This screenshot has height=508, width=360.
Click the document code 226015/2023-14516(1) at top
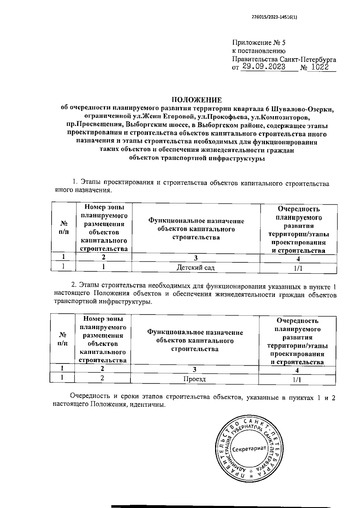point(274,17)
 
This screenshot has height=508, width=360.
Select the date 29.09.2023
point(264,67)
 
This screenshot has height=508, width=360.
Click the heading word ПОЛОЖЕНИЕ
point(196,100)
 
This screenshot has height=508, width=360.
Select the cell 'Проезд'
point(194,379)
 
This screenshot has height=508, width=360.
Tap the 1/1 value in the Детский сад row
point(298,268)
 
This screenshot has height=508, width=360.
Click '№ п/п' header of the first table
point(64,228)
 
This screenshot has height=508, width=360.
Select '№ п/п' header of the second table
point(62,339)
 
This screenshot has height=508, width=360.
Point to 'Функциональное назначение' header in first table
point(196,221)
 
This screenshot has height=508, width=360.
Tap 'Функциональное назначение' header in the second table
point(195,332)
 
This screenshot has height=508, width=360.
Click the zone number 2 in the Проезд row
point(102,378)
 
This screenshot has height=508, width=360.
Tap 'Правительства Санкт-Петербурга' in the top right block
point(284,59)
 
